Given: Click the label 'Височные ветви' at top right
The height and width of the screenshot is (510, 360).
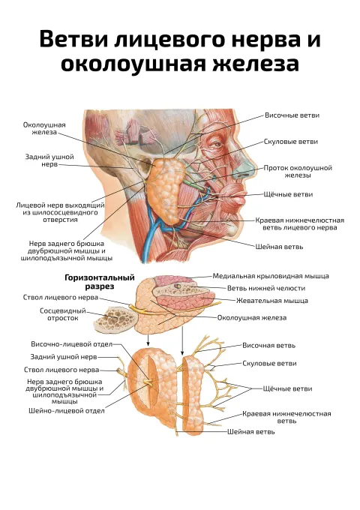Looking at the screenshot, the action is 292,115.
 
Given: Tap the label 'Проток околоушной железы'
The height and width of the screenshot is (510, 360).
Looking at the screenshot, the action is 298,172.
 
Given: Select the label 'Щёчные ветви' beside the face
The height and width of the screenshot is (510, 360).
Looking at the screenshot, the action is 288,194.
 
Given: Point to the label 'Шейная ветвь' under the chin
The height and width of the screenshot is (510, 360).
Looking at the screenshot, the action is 279,247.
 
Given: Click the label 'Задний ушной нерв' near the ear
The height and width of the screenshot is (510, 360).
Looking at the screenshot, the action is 49,160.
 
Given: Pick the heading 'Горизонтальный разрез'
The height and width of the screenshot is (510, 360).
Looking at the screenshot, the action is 100,282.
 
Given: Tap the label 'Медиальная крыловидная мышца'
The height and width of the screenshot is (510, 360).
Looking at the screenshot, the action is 271,276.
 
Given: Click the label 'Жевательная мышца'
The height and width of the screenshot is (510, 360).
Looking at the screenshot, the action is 271,301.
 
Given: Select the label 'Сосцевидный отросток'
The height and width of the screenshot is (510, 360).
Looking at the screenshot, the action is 63,314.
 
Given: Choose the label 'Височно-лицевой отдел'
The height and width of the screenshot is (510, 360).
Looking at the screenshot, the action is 71,344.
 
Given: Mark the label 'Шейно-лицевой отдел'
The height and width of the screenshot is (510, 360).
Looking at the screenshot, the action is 67,411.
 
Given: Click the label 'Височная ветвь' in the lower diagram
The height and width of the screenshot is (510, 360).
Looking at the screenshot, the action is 268,346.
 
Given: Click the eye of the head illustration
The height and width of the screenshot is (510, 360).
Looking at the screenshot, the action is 216,142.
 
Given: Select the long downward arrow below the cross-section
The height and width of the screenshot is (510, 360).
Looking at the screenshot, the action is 182,340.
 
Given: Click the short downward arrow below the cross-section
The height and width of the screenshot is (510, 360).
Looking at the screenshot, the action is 148,340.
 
